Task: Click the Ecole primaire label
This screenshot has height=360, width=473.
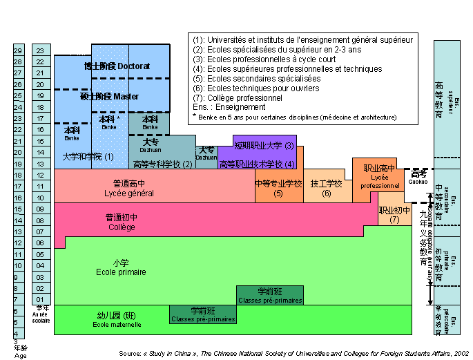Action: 121,267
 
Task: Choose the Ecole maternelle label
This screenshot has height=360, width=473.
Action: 110,320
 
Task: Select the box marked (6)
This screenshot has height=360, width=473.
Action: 327,188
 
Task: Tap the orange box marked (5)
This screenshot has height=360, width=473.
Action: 279,188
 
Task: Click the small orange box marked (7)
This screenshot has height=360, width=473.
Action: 394,215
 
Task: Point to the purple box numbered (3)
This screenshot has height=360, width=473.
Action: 264,146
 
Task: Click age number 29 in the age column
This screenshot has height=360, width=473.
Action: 19,50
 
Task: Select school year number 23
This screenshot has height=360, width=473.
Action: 41,50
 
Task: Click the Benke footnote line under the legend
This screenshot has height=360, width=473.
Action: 295,117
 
